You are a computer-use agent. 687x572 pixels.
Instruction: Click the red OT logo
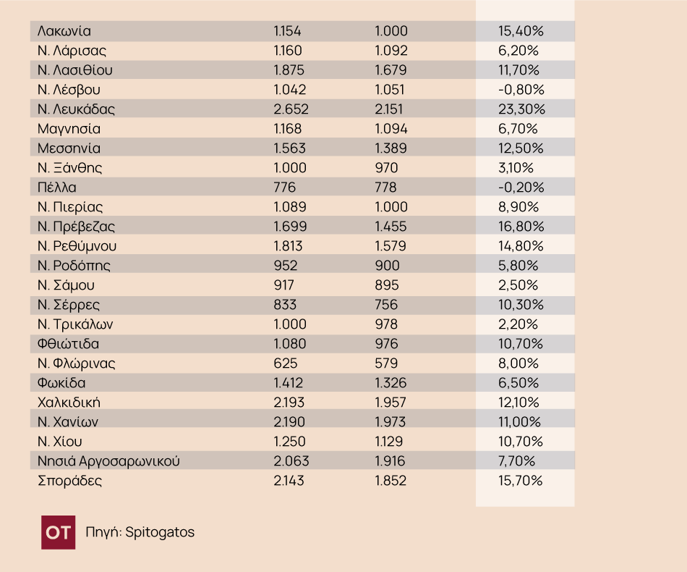coord(58,532)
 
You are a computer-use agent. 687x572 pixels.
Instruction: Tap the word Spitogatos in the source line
coord(160,532)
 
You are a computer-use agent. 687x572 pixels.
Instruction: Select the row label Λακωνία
coord(64,31)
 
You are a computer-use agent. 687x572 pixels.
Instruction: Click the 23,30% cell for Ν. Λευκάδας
coord(521,109)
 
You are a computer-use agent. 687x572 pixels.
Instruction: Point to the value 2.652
coord(291,109)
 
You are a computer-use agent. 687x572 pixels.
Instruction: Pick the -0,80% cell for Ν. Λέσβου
coord(521,90)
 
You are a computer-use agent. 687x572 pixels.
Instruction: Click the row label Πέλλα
coord(56,188)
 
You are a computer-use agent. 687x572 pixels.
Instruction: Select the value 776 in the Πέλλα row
coord(285,188)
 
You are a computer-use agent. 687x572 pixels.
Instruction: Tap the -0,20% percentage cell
coord(521,188)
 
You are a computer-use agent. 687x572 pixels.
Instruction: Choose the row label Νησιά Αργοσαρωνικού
coord(108,461)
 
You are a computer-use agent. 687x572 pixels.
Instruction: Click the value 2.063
coord(290,461)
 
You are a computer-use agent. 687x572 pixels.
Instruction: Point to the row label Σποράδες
coord(69,481)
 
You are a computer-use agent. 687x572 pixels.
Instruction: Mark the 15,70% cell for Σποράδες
coord(521,481)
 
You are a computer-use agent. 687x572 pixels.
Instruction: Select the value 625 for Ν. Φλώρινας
coord(285,363)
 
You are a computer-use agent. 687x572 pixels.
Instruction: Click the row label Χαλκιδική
coord(68,403)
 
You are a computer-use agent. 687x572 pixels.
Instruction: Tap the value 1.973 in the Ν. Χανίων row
coord(391,422)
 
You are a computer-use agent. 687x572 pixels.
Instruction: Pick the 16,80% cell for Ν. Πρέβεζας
coord(521,227)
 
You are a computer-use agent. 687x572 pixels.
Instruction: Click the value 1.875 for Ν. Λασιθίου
coord(290,70)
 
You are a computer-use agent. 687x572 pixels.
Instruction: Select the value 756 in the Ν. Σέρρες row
coord(386,305)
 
